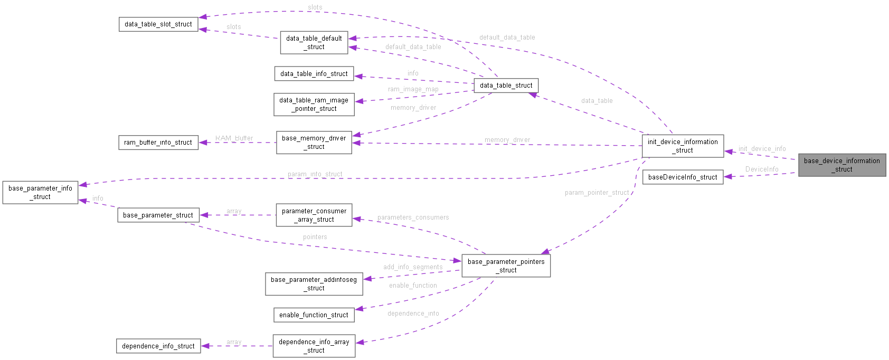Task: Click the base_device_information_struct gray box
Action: (841, 165)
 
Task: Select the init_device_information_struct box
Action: (683, 146)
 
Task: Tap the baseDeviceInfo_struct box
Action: (683, 177)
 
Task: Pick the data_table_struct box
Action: (506, 86)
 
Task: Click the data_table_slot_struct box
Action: (158, 24)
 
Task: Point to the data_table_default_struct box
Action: (314, 42)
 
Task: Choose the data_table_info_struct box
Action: (314, 73)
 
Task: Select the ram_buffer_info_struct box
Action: (158, 143)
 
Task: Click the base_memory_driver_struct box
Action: (314, 143)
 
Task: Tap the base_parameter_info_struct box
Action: (40, 192)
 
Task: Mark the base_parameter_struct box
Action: (158, 215)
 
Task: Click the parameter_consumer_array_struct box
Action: (314, 215)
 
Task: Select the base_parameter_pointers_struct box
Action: (506, 266)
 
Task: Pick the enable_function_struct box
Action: (314, 315)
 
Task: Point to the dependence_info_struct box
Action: (158, 346)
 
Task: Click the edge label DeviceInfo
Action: (762, 169)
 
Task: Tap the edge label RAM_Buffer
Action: (234, 138)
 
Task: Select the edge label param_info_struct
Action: (315, 174)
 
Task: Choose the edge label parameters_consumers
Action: (413, 217)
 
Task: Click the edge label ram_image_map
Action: (413, 89)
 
